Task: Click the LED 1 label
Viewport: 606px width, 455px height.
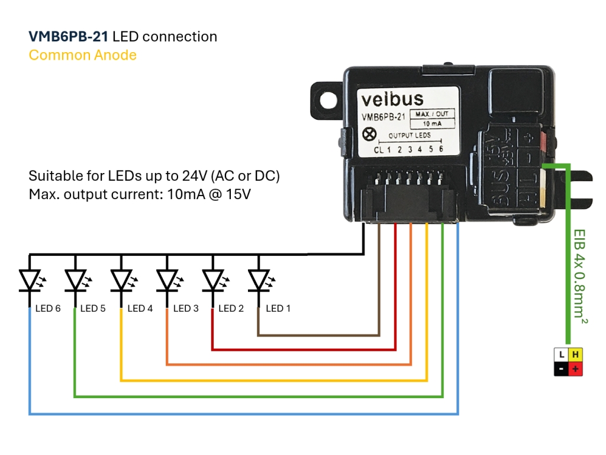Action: [x=278, y=309]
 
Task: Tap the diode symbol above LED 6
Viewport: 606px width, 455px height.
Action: [x=30, y=279]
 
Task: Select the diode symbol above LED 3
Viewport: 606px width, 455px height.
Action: [x=167, y=279]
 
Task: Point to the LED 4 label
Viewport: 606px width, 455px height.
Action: [x=140, y=309]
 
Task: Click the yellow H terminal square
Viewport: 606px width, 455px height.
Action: [x=575, y=355]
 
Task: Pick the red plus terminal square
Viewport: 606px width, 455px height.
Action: [x=575, y=369]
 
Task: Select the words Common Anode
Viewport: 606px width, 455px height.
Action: [x=83, y=55]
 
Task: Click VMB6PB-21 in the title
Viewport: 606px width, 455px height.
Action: [x=68, y=37]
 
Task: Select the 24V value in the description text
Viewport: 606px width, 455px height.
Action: [x=209, y=177]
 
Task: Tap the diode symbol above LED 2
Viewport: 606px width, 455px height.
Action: [x=213, y=279]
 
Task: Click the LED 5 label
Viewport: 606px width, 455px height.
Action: [x=93, y=309]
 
